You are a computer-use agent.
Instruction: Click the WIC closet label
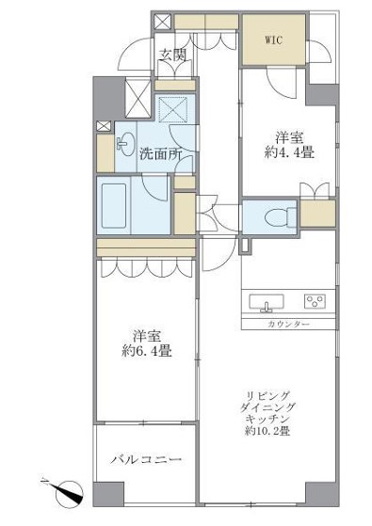(x=274, y=40)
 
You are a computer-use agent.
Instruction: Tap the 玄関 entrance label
(x=172, y=55)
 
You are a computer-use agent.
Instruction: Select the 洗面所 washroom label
(x=160, y=154)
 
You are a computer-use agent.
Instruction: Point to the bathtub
(x=114, y=206)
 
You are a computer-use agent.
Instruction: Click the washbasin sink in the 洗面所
(x=125, y=144)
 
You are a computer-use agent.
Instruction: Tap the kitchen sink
(x=267, y=302)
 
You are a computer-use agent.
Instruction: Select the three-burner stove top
(x=315, y=301)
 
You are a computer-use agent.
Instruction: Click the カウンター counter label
(x=288, y=324)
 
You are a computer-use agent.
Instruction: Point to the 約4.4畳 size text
(x=289, y=153)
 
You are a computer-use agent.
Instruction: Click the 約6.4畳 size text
(x=147, y=351)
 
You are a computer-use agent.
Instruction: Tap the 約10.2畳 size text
(x=267, y=431)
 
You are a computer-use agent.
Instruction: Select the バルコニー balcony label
(x=146, y=459)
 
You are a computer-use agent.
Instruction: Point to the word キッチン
(x=267, y=419)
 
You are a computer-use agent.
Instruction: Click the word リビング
(x=267, y=395)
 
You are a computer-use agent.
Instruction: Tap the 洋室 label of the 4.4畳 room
(x=289, y=138)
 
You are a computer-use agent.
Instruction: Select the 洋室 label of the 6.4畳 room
(x=147, y=337)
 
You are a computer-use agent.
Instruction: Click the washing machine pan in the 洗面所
(x=172, y=110)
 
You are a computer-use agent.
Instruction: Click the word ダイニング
(x=267, y=407)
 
